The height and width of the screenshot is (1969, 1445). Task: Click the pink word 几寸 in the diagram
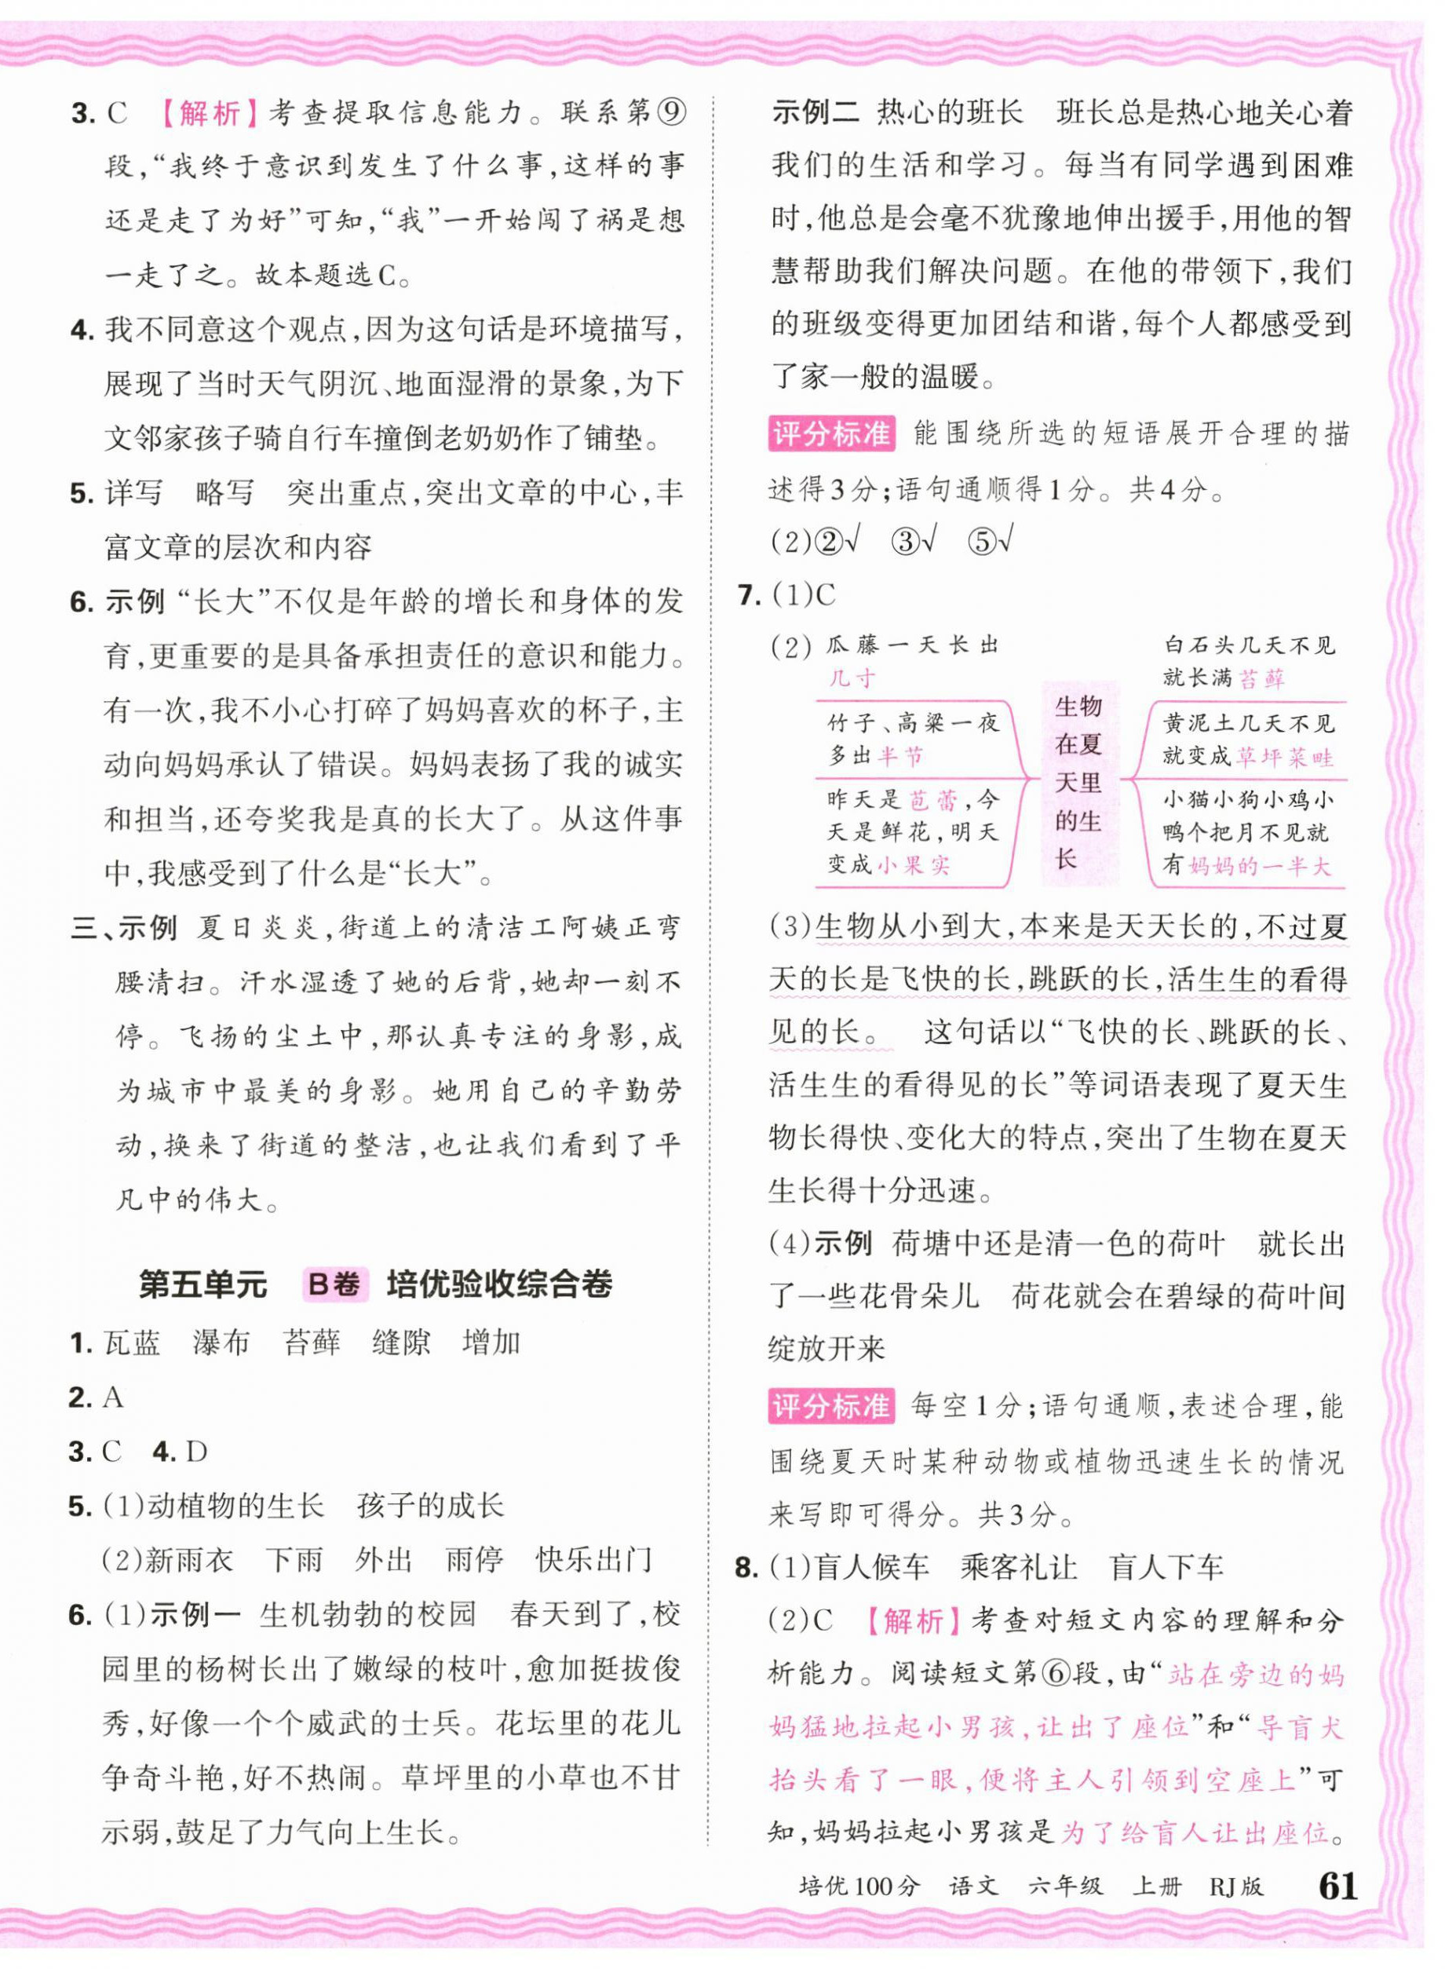851,678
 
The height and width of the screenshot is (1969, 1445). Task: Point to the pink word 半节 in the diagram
900,756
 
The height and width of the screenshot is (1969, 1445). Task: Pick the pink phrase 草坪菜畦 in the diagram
1284,756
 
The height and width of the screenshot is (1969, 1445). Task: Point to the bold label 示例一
194,1614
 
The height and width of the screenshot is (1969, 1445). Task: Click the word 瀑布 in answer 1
221,1342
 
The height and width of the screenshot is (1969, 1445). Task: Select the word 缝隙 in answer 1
402,1342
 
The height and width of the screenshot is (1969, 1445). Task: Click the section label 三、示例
124,928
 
